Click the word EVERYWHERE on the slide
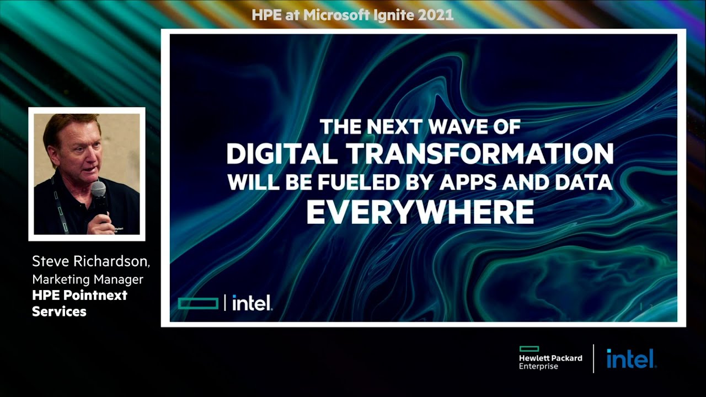click(x=420, y=212)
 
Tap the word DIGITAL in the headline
click(x=282, y=154)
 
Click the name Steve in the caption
click(x=50, y=261)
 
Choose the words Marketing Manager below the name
click(x=88, y=279)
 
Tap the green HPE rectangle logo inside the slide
click(x=198, y=303)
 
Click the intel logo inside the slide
click(x=252, y=303)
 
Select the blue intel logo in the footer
click(x=631, y=358)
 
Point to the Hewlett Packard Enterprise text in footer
click(x=550, y=362)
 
